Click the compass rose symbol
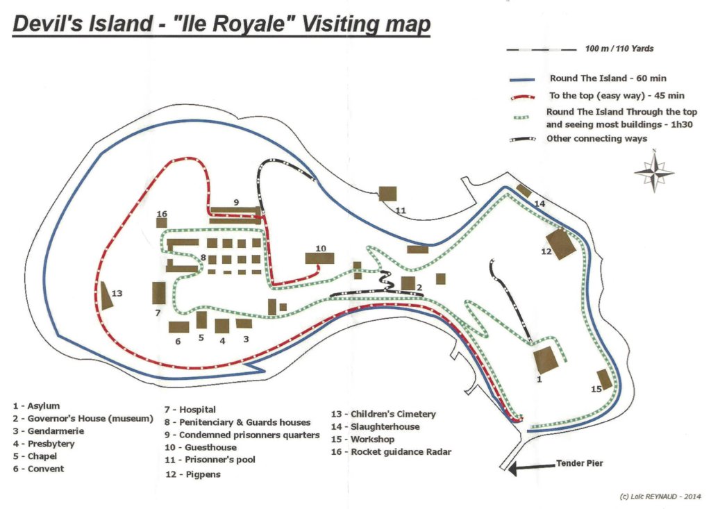coord(653,172)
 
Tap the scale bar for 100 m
coord(542,49)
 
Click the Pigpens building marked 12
coord(561,244)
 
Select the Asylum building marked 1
coord(546,360)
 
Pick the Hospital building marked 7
coord(159,292)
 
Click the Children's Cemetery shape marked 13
coord(106,297)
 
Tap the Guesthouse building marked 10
coord(319,258)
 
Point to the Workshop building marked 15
coord(604,379)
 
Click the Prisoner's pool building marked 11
coord(387,193)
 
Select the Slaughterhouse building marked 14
coord(524,191)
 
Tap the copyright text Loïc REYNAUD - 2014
coord(660,497)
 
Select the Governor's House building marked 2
coord(408,283)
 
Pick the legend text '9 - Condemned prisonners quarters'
coord(242,435)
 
